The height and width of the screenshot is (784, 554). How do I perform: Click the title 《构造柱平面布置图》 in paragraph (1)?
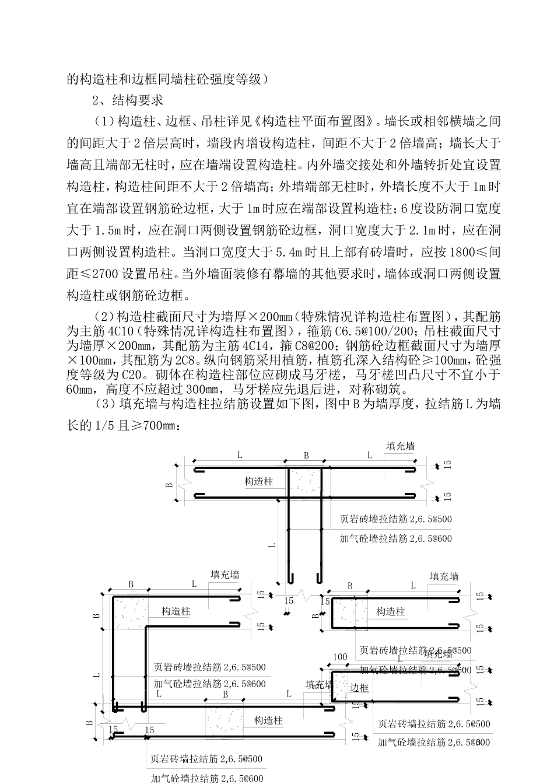(317, 121)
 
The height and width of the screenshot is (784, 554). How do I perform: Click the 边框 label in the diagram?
(359, 688)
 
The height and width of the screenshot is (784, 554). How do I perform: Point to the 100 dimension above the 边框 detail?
(340, 657)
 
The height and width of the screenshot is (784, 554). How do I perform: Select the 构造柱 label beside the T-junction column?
(259, 482)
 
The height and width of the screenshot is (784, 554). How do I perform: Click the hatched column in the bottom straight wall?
(226, 721)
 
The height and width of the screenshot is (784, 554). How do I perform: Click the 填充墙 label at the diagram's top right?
(401, 446)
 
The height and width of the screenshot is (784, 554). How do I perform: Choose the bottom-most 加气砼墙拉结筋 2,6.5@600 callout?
(208, 778)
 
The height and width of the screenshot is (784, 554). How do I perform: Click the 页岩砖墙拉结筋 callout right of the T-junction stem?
(396, 519)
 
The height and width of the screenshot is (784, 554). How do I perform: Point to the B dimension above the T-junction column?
(306, 456)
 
